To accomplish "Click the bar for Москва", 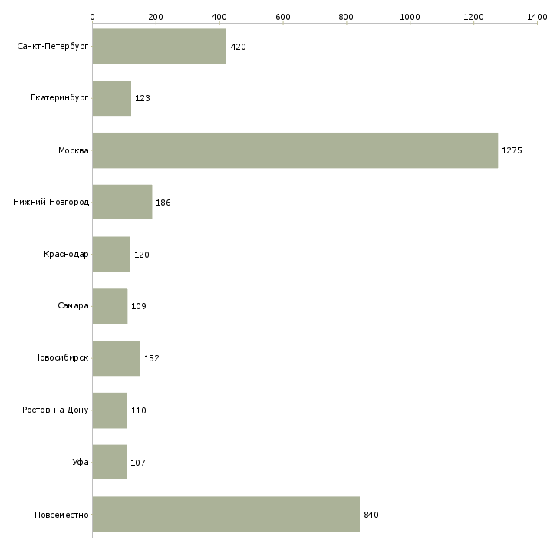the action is pyautogui.click(x=295, y=150).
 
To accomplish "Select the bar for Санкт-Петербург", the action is pyautogui.click(x=160, y=46).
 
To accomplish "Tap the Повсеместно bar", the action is pyautogui.click(x=226, y=514).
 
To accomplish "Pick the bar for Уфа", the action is pyautogui.click(x=110, y=462).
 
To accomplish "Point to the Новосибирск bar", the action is pyautogui.click(x=117, y=358).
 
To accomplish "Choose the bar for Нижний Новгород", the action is pyautogui.click(x=122, y=203).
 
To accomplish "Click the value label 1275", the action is pyautogui.click(x=512, y=150).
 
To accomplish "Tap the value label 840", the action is pyautogui.click(x=371, y=515).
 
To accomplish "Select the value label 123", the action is pyautogui.click(x=143, y=98).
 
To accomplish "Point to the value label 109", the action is pyautogui.click(x=139, y=306).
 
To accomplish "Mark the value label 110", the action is pyautogui.click(x=139, y=410).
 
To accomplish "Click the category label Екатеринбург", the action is pyautogui.click(x=59, y=98).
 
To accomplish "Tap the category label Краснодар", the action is pyautogui.click(x=66, y=254).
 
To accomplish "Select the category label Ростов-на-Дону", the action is pyautogui.click(x=55, y=410).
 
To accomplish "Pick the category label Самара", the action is pyautogui.click(x=73, y=306).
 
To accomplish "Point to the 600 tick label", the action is pyautogui.click(x=283, y=17).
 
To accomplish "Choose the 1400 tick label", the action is pyautogui.click(x=537, y=17).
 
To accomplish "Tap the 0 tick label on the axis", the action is pyautogui.click(x=93, y=17).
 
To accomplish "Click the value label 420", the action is pyautogui.click(x=239, y=47).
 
